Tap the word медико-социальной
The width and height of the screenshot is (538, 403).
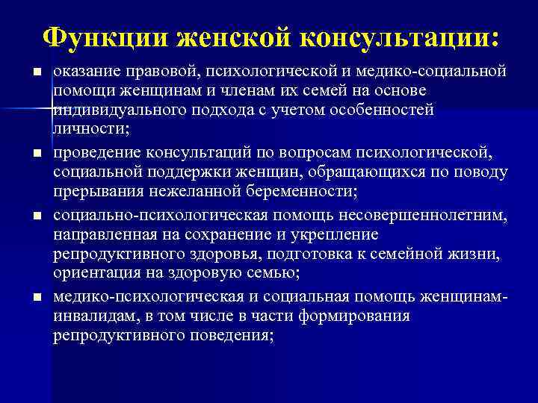coord(439,72)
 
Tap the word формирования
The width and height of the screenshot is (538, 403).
coord(353,316)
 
